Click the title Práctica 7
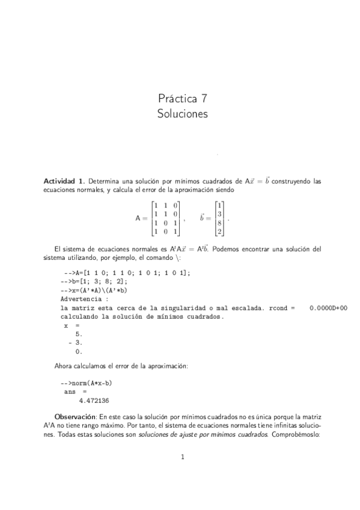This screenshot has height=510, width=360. coord(183,98)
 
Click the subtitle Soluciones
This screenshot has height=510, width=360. coord(183,114)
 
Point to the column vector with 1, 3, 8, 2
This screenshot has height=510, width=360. coord(220,218)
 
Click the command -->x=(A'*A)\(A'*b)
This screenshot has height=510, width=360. coord(94,289)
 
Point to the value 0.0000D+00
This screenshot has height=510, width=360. coord(328,307)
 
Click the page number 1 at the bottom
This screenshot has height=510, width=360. coord(182,457)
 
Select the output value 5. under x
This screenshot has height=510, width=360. coord(78,333)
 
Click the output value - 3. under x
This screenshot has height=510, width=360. coord(76,342)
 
